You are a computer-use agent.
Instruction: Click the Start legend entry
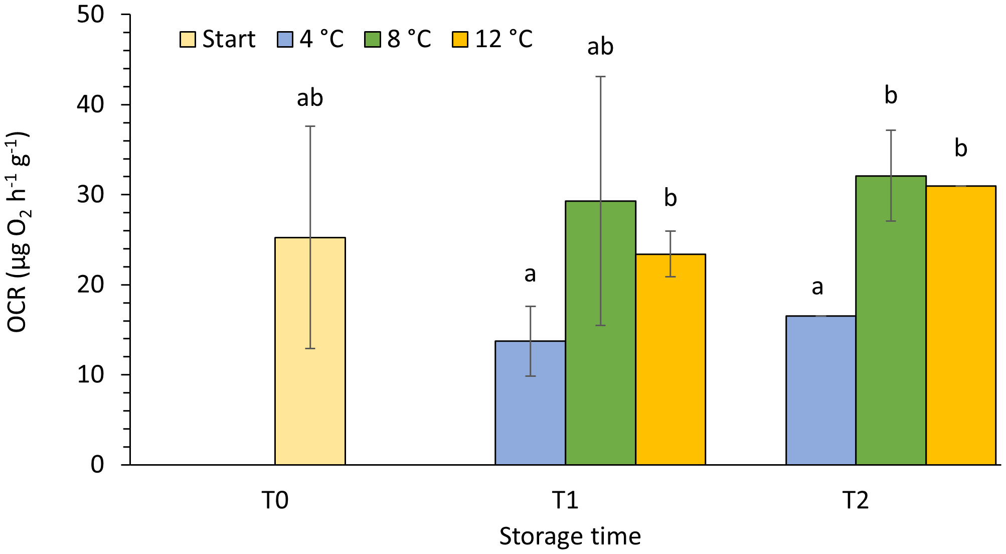(218, 39)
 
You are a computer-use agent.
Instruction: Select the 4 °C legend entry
(310, 39)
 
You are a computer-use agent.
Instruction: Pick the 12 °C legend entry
(492, 39)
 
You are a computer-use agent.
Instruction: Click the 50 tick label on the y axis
(91, 15)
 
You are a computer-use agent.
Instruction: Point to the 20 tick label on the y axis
(91, 285)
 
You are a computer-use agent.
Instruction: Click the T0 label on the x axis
(275, 500)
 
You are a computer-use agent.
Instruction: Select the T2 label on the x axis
(855, 500)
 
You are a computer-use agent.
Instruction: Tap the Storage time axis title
(570, 536)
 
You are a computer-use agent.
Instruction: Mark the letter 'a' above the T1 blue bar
(530, 274)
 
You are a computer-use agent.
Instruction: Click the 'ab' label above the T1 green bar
(600, 47)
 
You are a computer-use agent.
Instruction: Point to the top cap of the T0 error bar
(310, 126)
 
